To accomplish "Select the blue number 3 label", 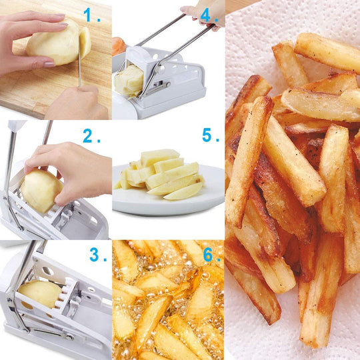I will coord(97,255).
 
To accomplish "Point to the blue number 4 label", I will coord(208,15).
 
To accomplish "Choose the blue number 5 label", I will coord(209,136).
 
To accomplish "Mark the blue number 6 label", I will coord(210,255).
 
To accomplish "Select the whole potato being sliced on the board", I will coord(53,45).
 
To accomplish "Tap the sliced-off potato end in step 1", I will coord(85,41).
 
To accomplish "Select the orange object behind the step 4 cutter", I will coord(119,45).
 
